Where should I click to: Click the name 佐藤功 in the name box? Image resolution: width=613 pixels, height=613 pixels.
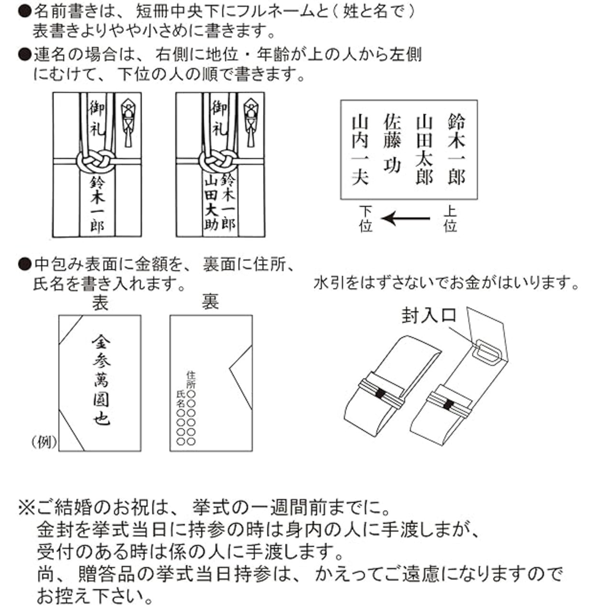coord(392,144)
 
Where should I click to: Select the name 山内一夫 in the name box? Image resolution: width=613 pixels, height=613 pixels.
coord(360,149)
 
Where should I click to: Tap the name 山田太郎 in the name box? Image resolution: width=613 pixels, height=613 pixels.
coord(424,149)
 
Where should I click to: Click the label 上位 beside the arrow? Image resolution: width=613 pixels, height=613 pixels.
coord(450,219)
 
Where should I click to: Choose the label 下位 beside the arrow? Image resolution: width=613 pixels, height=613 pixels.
coord(366,219)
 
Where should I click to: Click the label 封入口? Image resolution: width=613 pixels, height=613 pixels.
coord(429,316)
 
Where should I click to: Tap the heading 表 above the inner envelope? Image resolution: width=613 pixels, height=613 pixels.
coord(100,303)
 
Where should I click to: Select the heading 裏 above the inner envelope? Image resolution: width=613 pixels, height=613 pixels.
coord(210,303)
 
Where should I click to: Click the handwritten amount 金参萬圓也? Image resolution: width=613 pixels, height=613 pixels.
coord(101,380)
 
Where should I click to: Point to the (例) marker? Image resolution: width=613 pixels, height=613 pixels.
coord(44,442)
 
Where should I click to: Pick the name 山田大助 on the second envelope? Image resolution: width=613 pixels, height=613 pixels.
coord(211,203)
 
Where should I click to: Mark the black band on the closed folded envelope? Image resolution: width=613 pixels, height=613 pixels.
coord(380,394)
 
